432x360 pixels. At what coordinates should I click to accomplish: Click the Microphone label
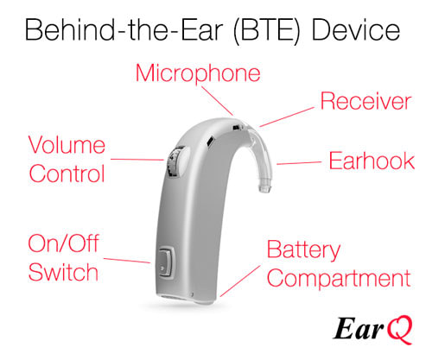tap(197, 73)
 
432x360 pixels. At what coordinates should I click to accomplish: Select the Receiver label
tap(365, 102)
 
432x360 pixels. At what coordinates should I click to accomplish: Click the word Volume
tap(67, 144)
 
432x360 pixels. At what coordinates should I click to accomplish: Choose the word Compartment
tap(337, 279)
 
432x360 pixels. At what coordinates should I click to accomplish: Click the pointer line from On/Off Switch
tap(129, 259)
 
